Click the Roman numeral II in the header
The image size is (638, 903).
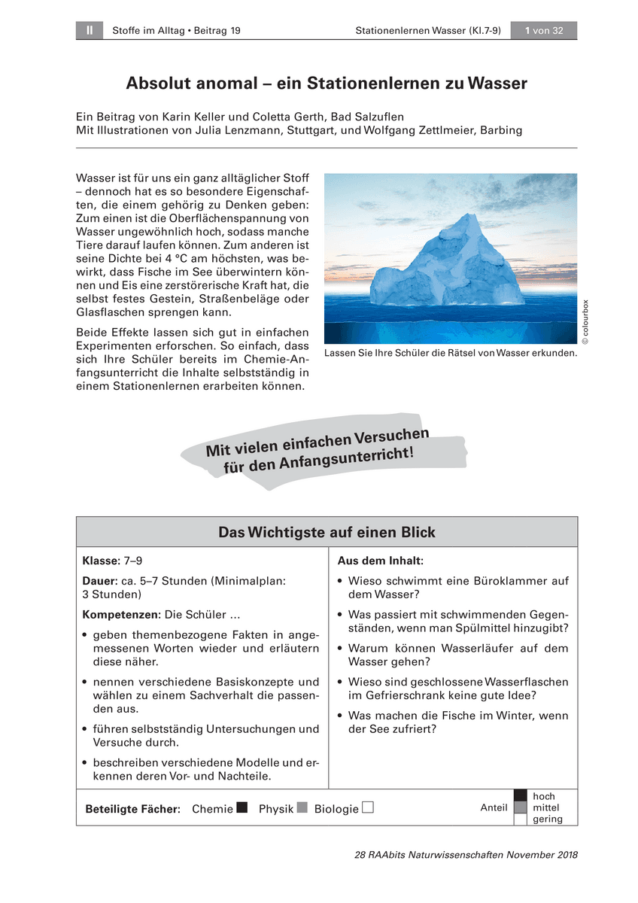89,30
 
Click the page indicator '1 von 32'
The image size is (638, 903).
543,30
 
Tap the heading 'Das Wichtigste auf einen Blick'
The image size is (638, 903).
327,532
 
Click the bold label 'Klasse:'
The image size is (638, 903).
101,561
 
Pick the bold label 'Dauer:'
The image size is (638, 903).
99,581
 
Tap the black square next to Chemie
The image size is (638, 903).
242,808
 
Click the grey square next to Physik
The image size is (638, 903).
302,808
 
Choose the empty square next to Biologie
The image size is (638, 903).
368,808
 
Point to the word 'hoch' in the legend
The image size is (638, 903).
544,796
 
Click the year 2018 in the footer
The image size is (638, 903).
564,856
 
